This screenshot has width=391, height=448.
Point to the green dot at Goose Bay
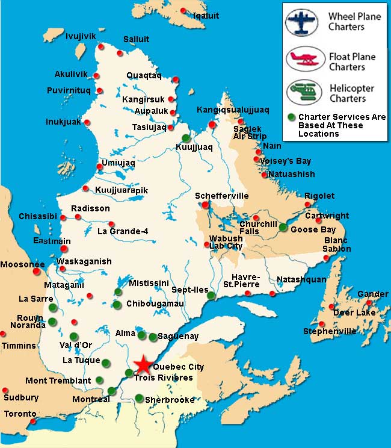[x=283, y=227]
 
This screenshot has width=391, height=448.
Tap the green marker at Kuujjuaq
[x=186, y=138]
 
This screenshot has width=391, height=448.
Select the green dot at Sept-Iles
[x=211, y=295]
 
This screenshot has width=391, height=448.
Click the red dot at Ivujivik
[x=102, y=46]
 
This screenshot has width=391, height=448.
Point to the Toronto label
[x=20, y=414]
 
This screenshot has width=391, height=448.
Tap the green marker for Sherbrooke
[x=140, y=398]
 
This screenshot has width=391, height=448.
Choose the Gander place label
[x=373, y=294]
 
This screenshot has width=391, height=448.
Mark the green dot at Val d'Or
[x=73, y=336]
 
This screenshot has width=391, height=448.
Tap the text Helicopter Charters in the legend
[x=351, y=93]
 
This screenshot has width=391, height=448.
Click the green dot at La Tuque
[x=106, y=362]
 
